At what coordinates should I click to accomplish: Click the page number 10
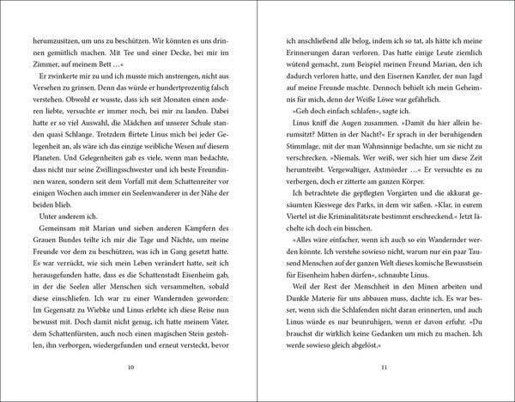click(x=130, y=369)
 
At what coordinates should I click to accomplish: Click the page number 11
click(x=383, y=369)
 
